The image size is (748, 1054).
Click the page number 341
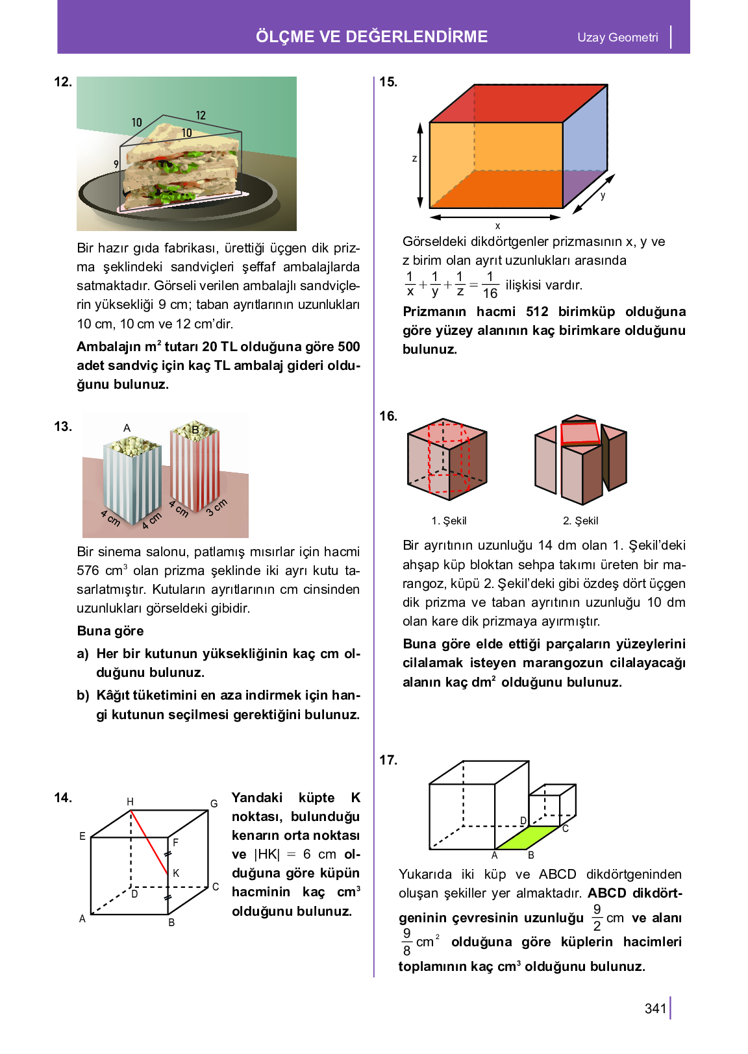655,1008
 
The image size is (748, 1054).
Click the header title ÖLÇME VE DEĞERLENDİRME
371,36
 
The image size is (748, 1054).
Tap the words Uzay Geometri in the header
617,38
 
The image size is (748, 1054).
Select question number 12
62,82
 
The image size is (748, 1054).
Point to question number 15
388,82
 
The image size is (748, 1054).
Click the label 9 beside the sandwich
116,164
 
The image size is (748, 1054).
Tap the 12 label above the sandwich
201,116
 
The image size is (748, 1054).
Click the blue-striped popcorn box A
132,480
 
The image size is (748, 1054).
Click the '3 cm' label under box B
217,508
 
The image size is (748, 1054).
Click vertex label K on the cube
176,874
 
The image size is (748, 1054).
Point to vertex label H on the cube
130,802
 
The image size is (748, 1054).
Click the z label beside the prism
414,158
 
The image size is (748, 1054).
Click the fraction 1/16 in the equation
490,285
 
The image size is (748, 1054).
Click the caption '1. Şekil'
449,521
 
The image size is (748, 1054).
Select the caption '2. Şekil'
580,521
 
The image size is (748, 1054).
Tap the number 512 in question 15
537,312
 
